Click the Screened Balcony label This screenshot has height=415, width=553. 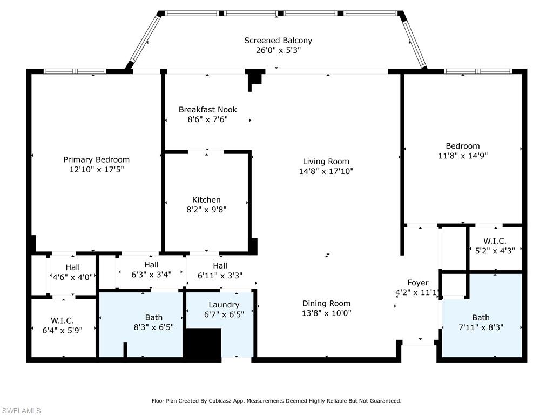(x=278, y=41)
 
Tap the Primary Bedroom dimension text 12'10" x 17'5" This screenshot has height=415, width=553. (x=97, y=170)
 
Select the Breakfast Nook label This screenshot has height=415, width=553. (x=208, y=110)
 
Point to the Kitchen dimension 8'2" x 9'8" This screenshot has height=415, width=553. (x=206, y=210)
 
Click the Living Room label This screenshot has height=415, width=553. (x=326, y=162)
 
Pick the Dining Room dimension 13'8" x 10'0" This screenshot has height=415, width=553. (x=327, y=313)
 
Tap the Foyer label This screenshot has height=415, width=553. (x=418, y=283)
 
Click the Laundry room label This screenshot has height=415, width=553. (x=224, y=305)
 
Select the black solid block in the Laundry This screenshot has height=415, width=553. (x=204, y=345)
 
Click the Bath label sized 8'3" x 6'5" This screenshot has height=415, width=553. (x=154, y=318)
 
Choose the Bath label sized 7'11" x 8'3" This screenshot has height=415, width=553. (x=481, y=318)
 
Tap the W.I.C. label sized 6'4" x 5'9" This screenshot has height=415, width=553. (x=63, y=321)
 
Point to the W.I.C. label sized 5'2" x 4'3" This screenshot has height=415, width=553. (x=495, y=241)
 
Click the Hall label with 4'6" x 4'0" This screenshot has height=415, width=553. (x=73, y=267)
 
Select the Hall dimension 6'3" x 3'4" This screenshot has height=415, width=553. (x=152, y=275)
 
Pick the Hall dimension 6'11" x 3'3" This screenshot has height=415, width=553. (x=220, y=276)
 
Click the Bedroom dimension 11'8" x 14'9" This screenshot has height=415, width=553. (x=463, y=156)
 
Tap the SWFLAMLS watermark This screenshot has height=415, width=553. (x=21, y=411)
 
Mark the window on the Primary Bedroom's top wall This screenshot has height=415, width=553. (x=75, y=71)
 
